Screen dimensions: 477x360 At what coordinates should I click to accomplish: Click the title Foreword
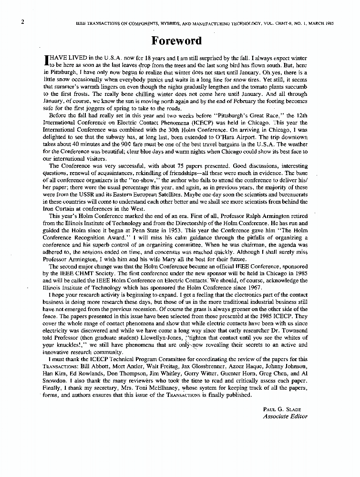click(x=176, y=40)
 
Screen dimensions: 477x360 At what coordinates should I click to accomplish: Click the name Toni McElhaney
click(x=155, y=388)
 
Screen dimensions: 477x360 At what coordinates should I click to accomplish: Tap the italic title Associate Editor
click(x=285, y=416)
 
